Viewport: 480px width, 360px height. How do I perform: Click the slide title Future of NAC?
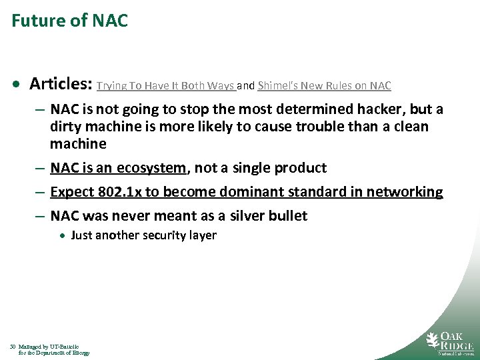[69, 21]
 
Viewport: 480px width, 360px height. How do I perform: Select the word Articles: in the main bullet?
[61, 84]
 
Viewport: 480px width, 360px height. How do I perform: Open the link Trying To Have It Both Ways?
[166, 86]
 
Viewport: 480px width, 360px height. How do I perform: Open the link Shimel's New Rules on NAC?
[324, 86]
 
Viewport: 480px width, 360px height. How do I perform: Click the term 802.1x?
[117, 192]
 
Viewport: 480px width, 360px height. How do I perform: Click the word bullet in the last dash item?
[288, 216]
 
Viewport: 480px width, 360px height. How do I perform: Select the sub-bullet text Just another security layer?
[143, 235]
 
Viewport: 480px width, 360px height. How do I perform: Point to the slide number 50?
[13, 347]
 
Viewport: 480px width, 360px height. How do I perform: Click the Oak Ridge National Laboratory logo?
[450, 341]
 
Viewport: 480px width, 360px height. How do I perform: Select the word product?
[296, 168]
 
